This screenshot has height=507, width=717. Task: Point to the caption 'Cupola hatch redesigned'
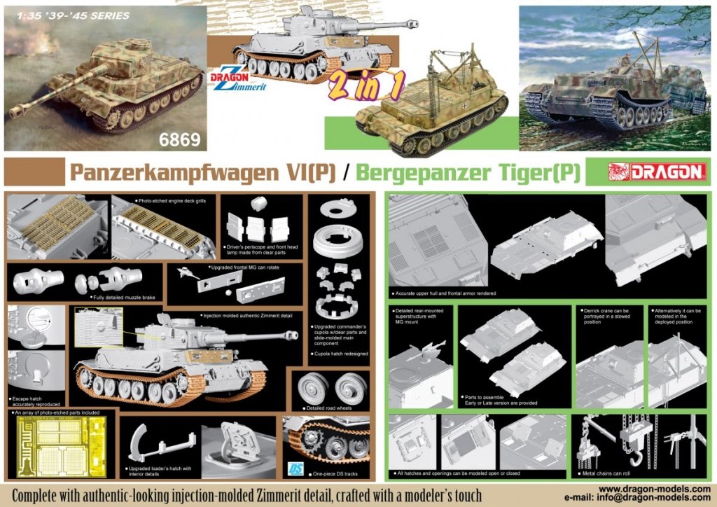[x=340, y=354]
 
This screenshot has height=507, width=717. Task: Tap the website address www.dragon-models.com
[x=655, y=488]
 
